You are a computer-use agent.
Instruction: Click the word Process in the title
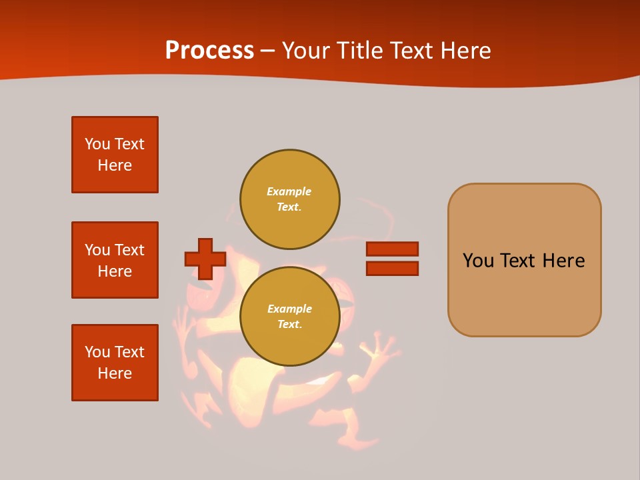(209, 51)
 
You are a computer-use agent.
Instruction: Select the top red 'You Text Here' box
(115, 155)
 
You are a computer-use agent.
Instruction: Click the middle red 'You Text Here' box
(115, 260)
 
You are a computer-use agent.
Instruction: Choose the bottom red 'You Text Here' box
(115, 363)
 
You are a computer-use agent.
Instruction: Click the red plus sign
(205, 259)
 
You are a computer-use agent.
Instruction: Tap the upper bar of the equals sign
(392, 249)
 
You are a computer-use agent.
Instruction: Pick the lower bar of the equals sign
(392, 269)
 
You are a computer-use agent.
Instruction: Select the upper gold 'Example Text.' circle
(290, 199)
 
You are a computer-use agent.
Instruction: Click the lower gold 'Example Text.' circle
(290, 317)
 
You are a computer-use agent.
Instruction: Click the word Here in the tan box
(563, 261)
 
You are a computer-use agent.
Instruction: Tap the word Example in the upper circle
(289, 191)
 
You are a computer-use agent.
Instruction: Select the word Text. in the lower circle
(289, 325)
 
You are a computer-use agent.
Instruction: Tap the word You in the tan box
(477, 261)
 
